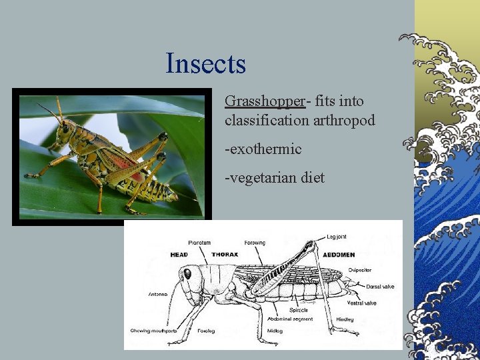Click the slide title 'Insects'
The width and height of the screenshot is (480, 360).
pos(206,64)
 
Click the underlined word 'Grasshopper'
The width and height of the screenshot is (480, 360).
pos(265,101)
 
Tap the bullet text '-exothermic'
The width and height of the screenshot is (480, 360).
pos(263,149)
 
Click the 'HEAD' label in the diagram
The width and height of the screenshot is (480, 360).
pos(179,255)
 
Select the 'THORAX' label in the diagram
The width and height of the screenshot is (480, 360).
pos(225,255)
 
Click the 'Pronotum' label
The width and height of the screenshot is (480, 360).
pos(199,243)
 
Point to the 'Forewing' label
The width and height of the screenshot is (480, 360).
pos(255,243)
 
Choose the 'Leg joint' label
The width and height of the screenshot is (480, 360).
pos(337,237)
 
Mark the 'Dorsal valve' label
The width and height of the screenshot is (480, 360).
pos(379,287)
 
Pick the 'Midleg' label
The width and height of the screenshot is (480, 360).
pos(274,331)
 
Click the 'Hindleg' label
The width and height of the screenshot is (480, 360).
pos(345,319)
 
